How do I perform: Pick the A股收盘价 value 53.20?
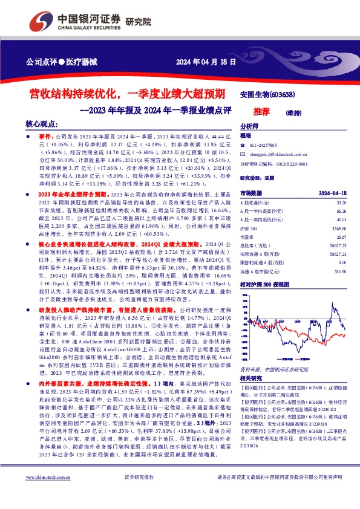[x=341, y=203]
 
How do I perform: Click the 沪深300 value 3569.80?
[x=339, y=230]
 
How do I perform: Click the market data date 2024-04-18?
[x=332, y=193]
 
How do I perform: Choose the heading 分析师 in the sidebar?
[x=249, y=127]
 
